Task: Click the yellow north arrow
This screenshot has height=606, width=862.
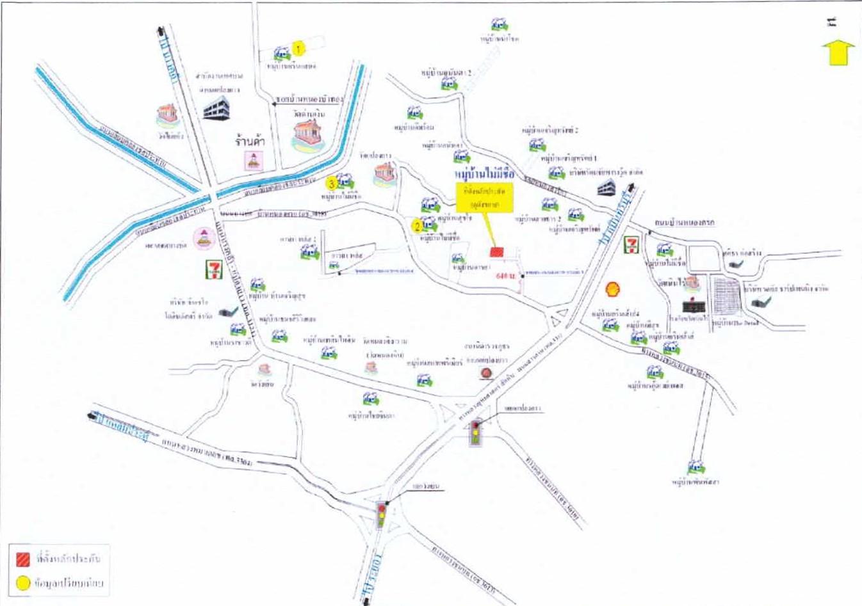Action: (x=838, y=52)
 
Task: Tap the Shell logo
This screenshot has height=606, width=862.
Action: (x=613, y=290)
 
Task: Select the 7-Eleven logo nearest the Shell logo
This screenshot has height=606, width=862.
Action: (x=631, y=244)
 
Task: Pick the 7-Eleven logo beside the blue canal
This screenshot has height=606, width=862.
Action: (x=213, y=270)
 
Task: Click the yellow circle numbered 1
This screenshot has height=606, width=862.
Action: (x=298, y=48)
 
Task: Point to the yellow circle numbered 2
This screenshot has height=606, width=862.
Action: (x=418, y=225)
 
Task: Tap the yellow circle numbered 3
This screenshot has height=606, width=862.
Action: (x=331, y=184)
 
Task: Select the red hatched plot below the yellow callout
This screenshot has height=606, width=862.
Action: (x=496, y=253)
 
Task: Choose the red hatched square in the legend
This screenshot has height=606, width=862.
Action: (x=23, y=558)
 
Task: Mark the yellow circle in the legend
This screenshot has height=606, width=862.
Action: (x=23, y=583)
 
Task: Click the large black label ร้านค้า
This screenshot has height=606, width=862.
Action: (x=250, y=140)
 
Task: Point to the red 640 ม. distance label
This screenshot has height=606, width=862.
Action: (x=505, y=276)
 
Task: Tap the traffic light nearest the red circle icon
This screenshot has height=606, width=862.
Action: (x=475, y=432)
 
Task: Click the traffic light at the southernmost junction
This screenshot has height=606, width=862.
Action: (x=382, y=514)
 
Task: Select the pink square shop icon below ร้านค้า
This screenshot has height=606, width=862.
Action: (x=254, y=160)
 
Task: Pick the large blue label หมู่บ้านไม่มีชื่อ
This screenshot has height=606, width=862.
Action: (x=484, y=173)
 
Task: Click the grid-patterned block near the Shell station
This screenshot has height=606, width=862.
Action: (x=727, y=296)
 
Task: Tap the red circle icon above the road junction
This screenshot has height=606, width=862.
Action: (x=487, y=372)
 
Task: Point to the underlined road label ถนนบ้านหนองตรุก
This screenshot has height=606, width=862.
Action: (x=684, y=222)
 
